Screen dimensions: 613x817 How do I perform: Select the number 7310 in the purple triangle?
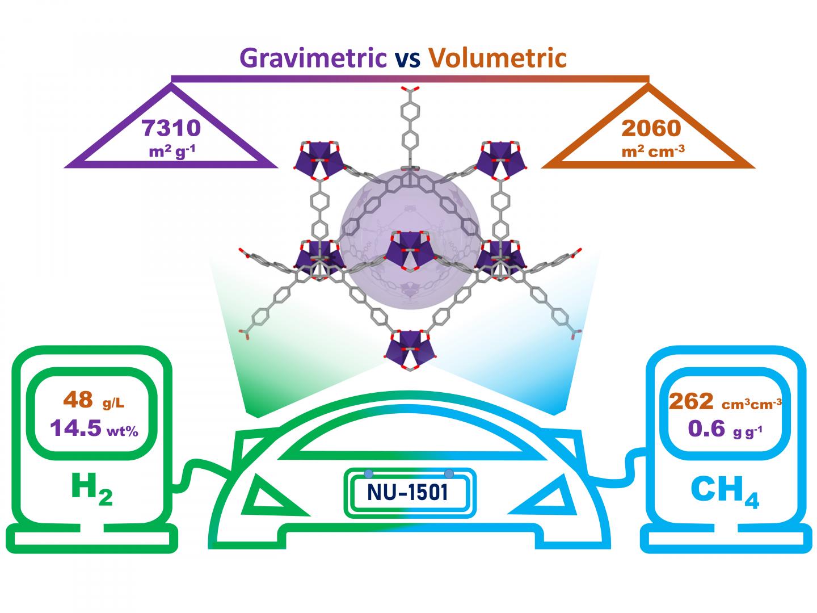(171, 128)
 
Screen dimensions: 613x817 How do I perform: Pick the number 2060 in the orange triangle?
(651, 129)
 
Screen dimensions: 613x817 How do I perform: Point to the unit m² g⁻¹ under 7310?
(171, 152)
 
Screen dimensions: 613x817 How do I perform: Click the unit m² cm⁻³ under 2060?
(651, 152)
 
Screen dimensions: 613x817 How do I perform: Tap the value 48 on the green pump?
(78, 400)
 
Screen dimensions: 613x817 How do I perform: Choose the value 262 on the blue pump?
(691, 401)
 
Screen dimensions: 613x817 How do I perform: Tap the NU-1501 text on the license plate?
(408, 492)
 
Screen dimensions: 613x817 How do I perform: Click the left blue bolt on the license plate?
(368, 473)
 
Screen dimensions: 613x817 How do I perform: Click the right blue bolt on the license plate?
(449, 473)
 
